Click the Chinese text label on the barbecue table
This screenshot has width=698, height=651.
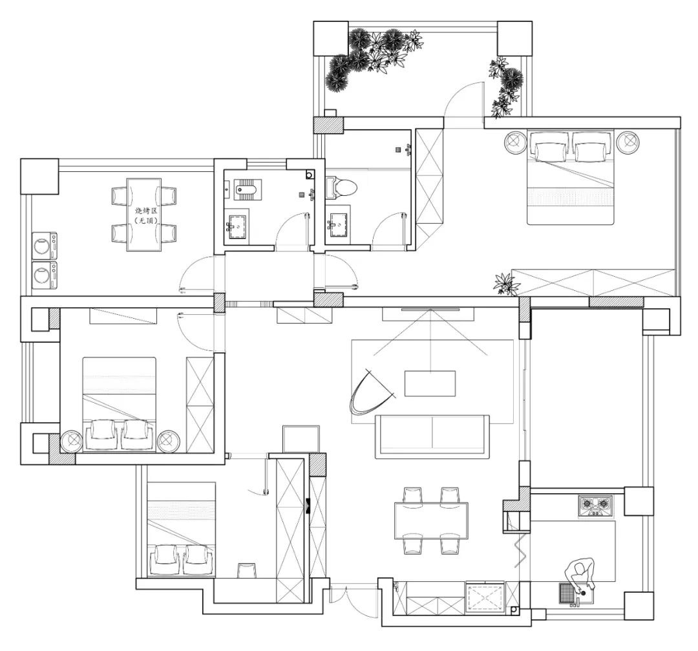pyautogui.click(x=143, y=215)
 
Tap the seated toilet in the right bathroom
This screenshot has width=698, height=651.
pyautogui.click(x=343, y=187)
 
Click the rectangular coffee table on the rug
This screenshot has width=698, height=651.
pyautogui.click(x=430, y=383)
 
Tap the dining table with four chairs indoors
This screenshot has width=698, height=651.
pyautogui.click(x=431, y=521)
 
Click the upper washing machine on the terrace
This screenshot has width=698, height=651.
pyautogui.click(x=44, y=246)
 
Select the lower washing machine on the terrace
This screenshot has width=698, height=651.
pyautogui.click(x=44, y=275)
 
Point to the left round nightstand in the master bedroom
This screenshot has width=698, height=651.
pyautogui.click(x=515, y=142)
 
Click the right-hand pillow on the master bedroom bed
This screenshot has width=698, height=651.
pyautogui.click(x=593, y=151)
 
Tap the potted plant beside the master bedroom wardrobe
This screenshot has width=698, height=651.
pyautogui.click(x=506, y=284)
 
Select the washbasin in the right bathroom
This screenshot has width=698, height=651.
pyautogui.click(x=337, y=224)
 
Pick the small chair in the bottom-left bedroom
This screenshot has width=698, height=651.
pyautogui.click(x=247, y=570)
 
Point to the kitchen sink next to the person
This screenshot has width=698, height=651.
pyautogui.click(x=569, y=593)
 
